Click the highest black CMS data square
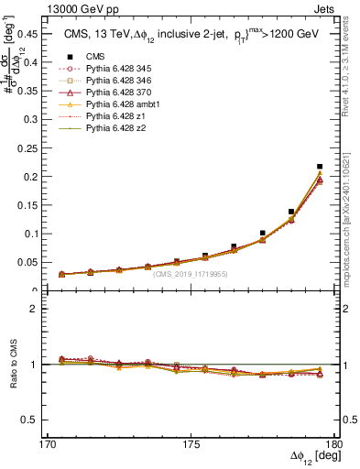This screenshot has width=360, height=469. tap(320, 167)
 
